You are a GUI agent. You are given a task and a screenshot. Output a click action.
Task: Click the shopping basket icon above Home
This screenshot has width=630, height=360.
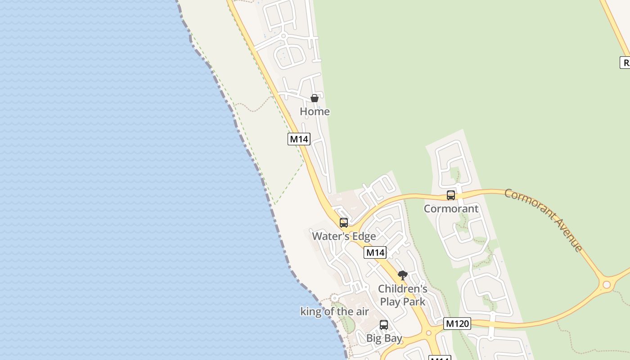click(315, 98)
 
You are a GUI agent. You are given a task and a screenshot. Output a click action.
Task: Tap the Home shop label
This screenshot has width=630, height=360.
click(315, 111)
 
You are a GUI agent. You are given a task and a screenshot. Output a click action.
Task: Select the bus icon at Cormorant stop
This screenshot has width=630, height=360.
click(450, 195)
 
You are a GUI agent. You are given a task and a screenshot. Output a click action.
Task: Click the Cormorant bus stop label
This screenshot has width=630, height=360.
click(451, 208)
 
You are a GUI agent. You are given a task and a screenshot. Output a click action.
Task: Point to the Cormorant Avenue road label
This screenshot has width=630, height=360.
click(543, 219)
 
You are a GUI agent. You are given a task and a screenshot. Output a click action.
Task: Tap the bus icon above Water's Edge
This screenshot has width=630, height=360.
click(343, 222)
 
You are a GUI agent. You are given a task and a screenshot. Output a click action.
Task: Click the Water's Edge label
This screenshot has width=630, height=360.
click(344, 236)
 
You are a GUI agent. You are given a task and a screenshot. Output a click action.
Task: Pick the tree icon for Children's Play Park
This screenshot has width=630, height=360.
click(403, 275)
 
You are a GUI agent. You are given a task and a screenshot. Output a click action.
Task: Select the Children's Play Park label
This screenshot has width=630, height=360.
click(403, 295)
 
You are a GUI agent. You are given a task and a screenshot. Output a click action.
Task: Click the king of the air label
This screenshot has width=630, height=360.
click(334, 311)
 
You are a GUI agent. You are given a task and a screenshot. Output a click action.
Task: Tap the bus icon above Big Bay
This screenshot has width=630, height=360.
click(383, 324)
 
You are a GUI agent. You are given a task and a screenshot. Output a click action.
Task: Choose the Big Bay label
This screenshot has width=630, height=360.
click(384, 338)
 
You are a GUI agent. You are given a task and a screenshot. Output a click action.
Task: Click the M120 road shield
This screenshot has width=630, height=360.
click(457, 323)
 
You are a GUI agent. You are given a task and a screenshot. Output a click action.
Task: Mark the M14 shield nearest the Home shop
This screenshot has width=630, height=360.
click(299, 139)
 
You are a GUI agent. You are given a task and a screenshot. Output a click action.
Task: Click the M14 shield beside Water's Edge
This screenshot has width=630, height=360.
click(375, 252)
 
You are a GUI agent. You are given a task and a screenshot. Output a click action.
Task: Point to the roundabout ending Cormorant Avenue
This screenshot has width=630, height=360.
click(607, 284)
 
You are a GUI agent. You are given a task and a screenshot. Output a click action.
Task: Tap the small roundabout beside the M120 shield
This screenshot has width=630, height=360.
click(429, 333)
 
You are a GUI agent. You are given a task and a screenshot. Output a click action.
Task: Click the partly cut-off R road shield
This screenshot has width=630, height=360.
click(625, 63)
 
